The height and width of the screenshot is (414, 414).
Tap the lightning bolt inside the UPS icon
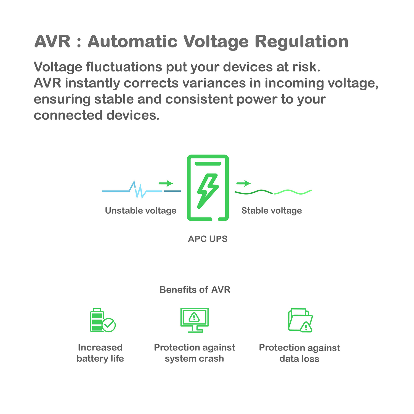[208, 190]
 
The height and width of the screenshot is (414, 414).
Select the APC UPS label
[208, 239]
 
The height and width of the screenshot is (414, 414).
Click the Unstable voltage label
[140, 211]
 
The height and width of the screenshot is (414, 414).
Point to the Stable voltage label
[272, 211]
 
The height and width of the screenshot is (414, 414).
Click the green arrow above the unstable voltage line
[166, 183]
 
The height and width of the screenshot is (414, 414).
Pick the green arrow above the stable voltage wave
[243, 183]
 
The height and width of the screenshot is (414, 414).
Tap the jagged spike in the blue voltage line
[138, 190]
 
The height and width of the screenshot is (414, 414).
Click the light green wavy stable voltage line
[293, 192]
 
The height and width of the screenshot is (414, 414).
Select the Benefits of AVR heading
[195, 290]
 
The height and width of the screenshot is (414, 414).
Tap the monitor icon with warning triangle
[194, 320]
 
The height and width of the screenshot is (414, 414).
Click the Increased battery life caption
[100, 353]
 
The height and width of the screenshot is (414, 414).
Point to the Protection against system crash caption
[194, 353]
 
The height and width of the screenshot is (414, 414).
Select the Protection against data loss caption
[299, 353]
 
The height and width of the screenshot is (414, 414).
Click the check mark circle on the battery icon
[109, 325]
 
